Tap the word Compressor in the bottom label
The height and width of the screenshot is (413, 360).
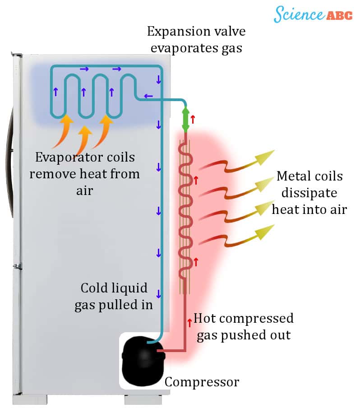202,382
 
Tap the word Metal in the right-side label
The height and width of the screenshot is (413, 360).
293,176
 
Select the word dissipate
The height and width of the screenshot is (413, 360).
309,193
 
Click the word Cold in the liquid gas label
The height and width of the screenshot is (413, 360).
93,288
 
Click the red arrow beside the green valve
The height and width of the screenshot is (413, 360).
193,120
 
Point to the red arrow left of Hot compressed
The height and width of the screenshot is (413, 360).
189,322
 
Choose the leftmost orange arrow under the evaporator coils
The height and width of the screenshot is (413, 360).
63,130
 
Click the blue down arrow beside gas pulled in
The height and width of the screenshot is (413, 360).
158,294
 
